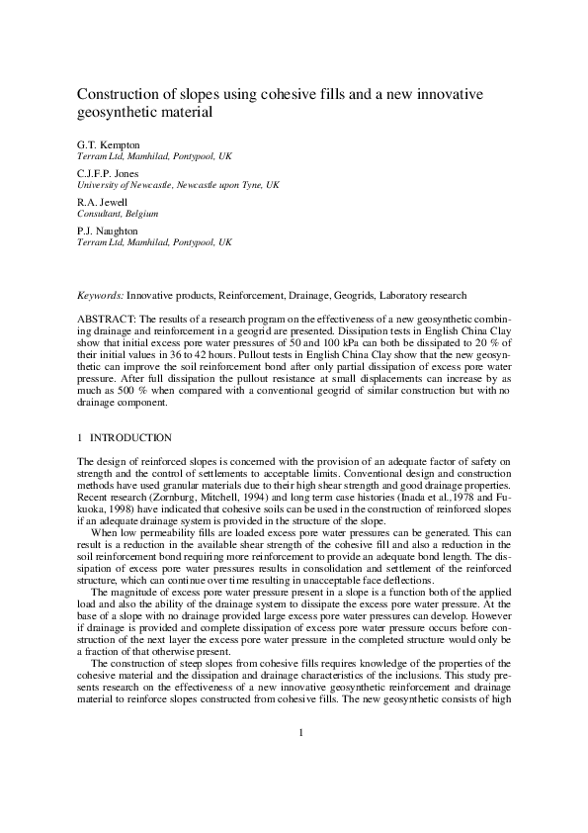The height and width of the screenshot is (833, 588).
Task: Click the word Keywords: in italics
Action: point(101,296)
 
